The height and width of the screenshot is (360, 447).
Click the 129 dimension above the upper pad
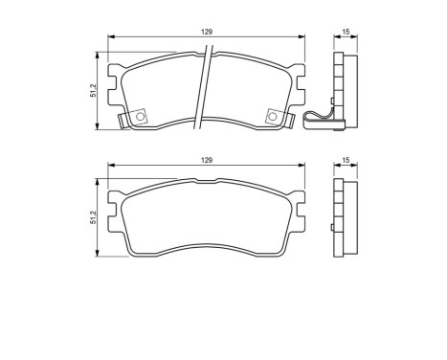206,31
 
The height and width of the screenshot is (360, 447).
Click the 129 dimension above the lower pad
206,159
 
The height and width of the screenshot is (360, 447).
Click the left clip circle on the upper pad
141,117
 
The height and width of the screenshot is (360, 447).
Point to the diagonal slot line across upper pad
205,91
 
